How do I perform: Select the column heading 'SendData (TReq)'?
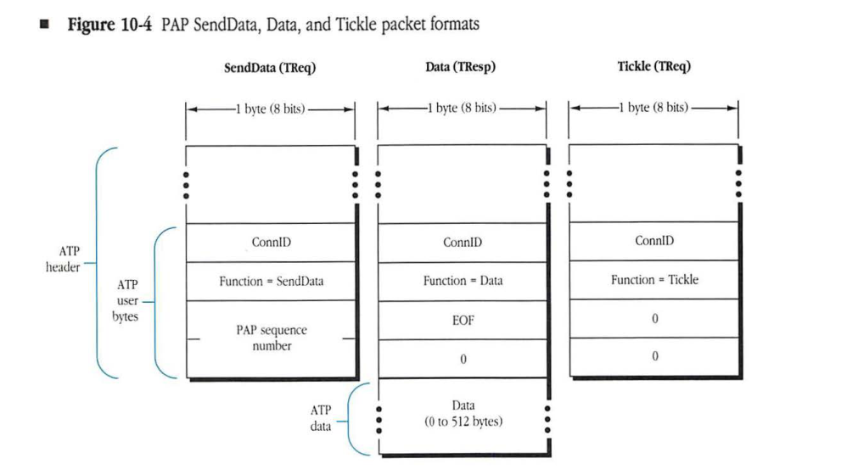coord(269,69)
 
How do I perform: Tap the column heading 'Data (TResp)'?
coord(462,68)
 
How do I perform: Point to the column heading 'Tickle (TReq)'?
coord(653,67)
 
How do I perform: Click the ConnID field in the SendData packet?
coord(271,243)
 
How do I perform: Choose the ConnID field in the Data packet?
coord(463,243)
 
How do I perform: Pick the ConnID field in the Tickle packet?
coord(654,242)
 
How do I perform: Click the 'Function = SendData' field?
coord(271,282)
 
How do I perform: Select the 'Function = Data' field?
coord(463,281)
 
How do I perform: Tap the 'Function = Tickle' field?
coord(654,280)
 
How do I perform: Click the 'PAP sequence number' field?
coord(271,338)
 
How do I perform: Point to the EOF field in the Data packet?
coord(463,320)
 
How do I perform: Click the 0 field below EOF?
coord(463,359)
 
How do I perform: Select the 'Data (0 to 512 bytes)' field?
coord(463,413)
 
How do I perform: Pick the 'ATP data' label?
coord(321,418)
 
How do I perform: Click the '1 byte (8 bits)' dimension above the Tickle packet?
coord(653,109)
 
